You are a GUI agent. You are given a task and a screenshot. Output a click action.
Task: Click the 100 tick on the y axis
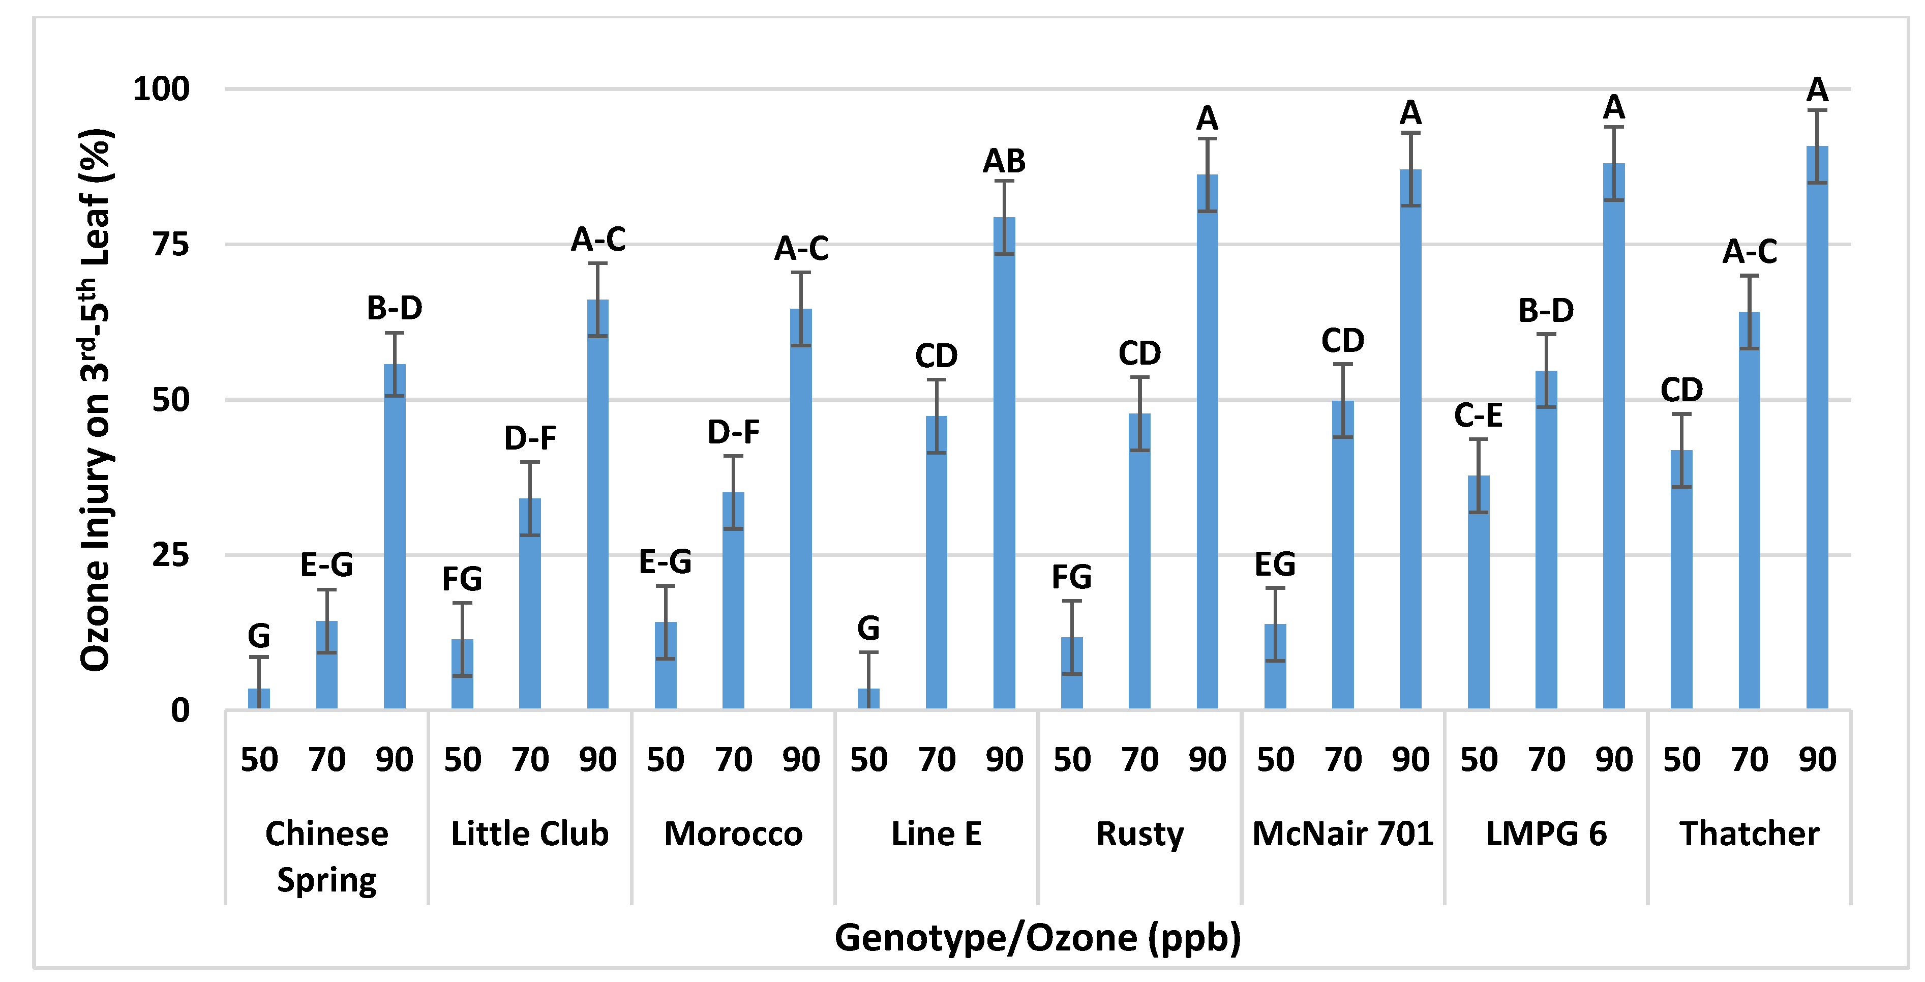(x=161, y=89)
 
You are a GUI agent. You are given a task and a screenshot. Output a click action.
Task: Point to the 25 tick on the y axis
(x=170, y=555)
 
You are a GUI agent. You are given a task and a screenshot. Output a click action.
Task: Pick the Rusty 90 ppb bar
(x=1207, y=441)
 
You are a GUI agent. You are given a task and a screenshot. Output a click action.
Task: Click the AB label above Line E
(x=1004, y=161)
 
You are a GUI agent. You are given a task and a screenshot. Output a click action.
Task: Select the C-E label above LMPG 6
(x=1478, y=415)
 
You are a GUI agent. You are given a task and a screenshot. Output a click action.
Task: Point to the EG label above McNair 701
(x=1274, y=564)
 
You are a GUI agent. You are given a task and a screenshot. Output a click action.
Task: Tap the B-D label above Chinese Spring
(x=394, y=308)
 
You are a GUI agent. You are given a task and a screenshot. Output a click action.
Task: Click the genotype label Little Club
(x=529, y=834)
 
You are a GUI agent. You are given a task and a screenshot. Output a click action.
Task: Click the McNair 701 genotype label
(x=1342, y=834)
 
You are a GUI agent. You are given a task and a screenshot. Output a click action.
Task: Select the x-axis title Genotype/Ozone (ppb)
(x=1037, y=937)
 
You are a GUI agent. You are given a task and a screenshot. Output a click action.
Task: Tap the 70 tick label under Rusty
(x=1139, y=760)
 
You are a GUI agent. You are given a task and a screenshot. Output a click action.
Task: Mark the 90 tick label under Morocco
(x=800, y=760)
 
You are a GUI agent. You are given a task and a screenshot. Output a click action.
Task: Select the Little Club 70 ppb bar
(x=529, y=604)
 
